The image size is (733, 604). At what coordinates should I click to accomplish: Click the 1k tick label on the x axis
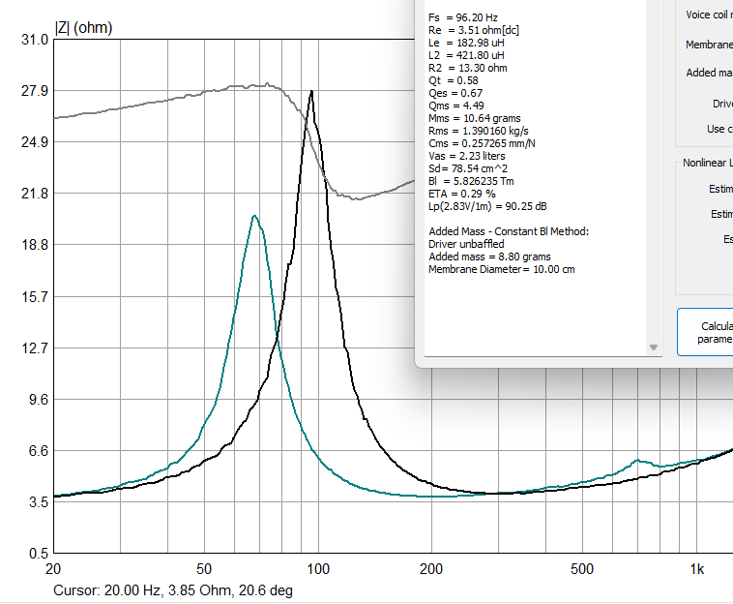696,570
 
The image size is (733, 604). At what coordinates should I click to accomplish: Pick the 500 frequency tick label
582,570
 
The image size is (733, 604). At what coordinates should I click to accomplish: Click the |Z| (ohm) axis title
83,28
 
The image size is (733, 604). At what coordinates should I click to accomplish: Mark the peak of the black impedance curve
311,91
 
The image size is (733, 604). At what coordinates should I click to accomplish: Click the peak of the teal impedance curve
253,216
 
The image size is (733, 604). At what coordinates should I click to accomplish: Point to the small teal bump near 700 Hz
636,461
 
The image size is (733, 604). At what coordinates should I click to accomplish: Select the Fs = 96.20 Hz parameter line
463,17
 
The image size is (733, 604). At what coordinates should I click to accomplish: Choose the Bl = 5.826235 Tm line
474,180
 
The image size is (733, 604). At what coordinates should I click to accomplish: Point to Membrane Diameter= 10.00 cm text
501,269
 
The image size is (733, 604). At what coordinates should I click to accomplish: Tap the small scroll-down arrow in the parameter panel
654,347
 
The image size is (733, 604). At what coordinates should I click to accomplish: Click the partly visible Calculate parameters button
707,332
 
